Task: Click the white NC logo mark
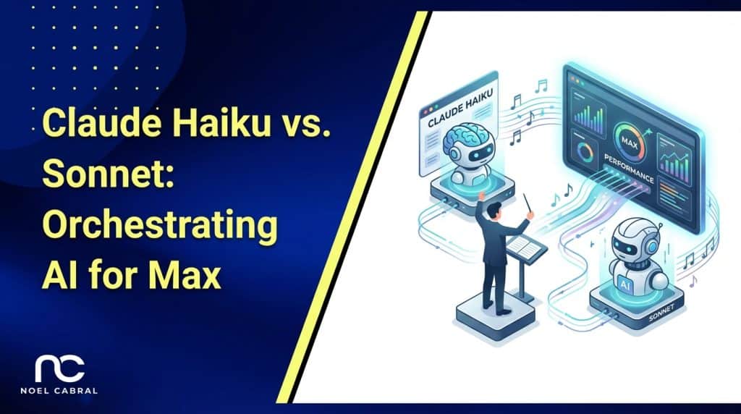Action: [x=61, y=368]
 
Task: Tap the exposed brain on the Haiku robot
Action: [x=463, y=136]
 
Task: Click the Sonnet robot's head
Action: [x=627, y=236]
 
